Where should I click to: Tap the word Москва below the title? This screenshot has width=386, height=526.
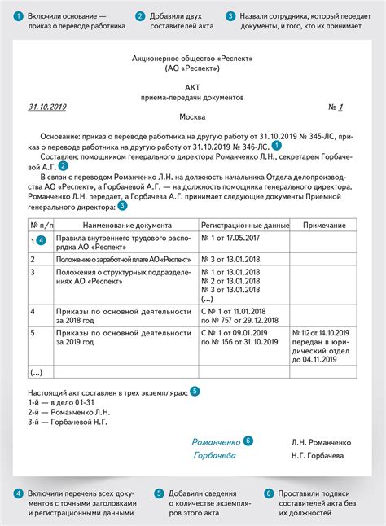192,118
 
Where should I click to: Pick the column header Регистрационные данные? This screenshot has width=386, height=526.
243,224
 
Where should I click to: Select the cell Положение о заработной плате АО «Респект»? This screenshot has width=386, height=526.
116,258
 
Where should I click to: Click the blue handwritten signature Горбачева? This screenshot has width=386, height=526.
215,455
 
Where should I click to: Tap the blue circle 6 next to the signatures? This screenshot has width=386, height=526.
248,441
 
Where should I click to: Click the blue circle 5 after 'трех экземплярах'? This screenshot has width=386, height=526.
195,392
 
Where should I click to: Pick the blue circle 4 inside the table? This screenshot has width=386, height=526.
41,240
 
